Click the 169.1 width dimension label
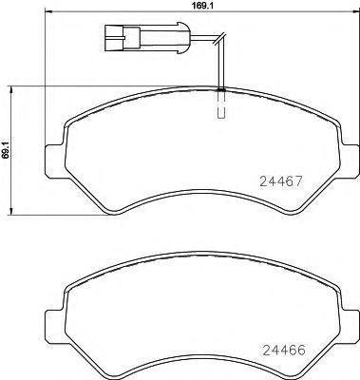[x=191, y=6]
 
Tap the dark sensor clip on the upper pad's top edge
[x=220, y=90]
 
